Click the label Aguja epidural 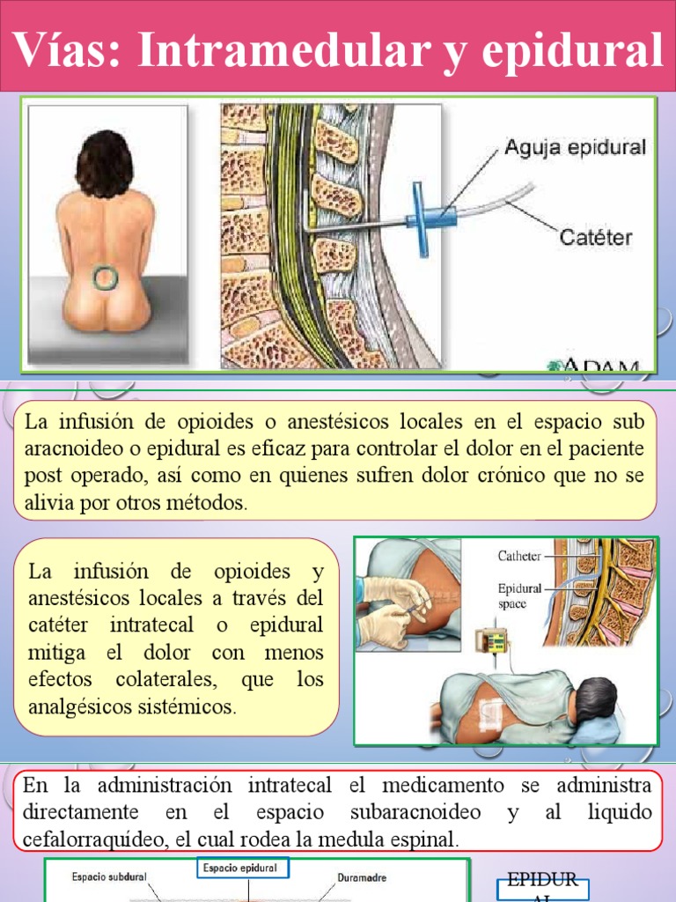pos(575,147)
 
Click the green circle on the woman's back pos(105,277)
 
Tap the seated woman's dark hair pos(105,164)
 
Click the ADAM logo pos(604,366)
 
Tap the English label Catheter pos(519,556)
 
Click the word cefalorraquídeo pos(92,840)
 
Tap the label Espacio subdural pos(110,877)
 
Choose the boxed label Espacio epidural pos(240,869)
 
